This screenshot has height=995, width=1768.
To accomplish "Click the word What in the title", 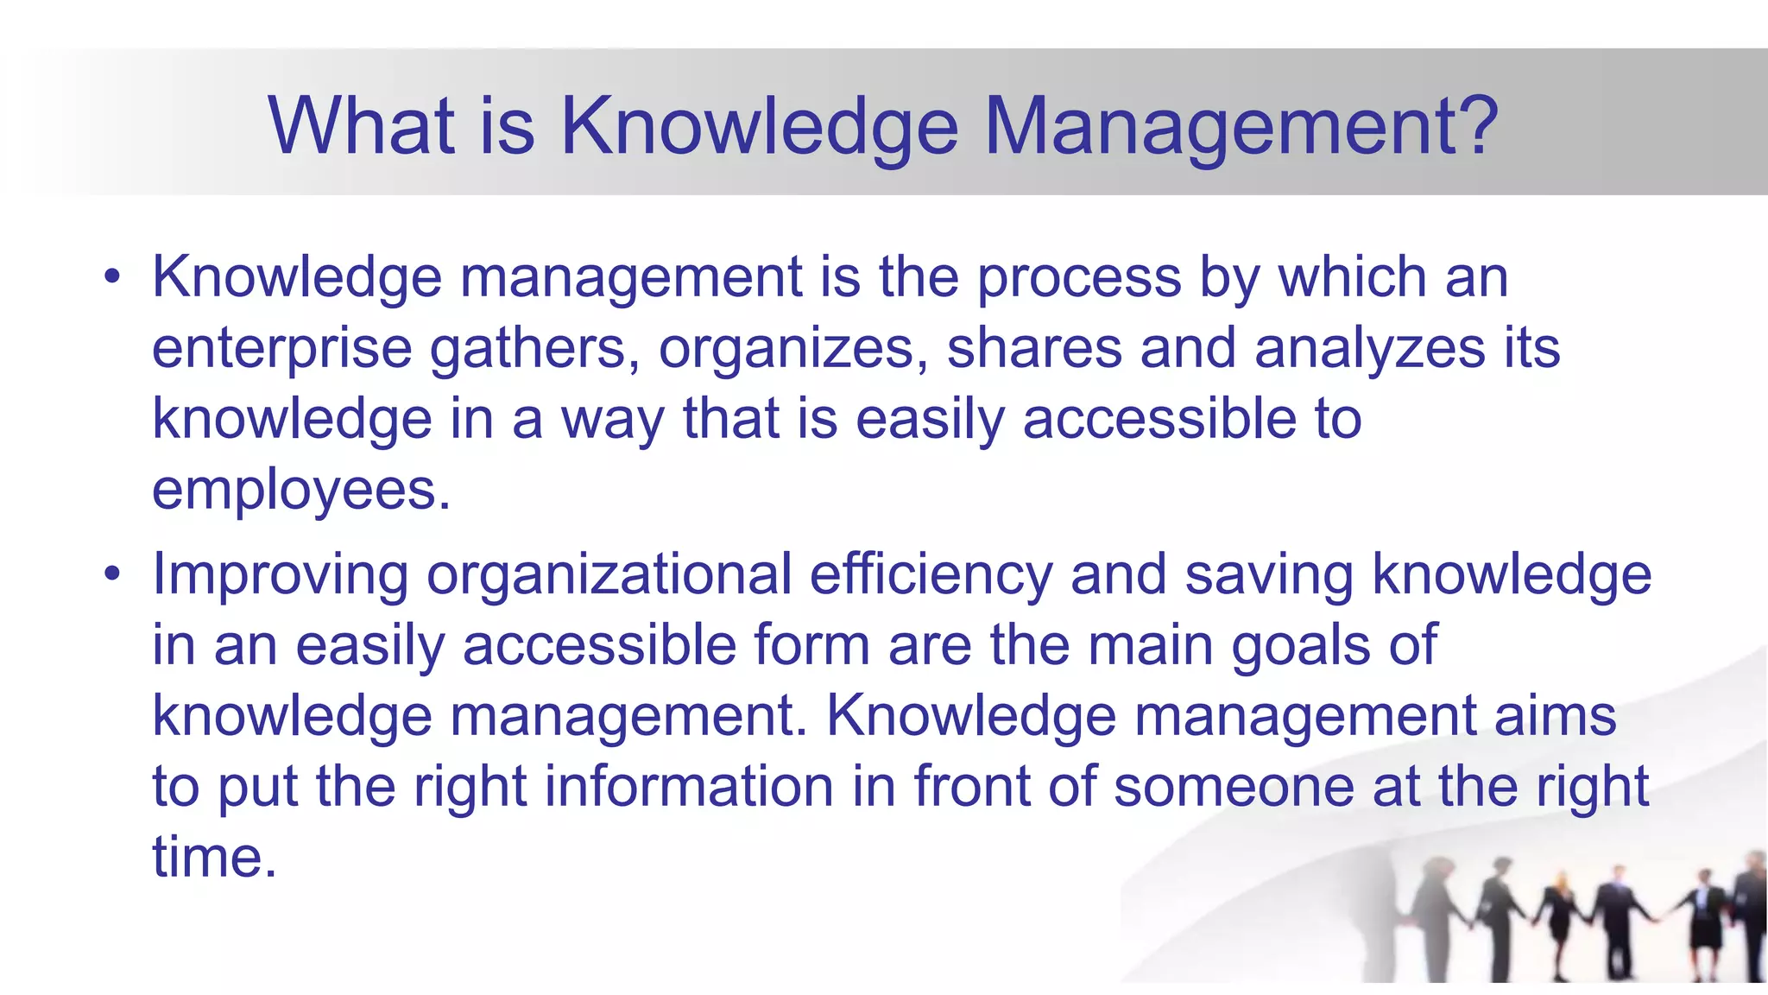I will [x=361, y=126].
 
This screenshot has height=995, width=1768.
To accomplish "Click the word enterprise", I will [x=282, y=350].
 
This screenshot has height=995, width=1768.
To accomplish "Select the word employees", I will [x=300, y=491].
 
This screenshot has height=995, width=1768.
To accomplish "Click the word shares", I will [x=1034, y=350].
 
